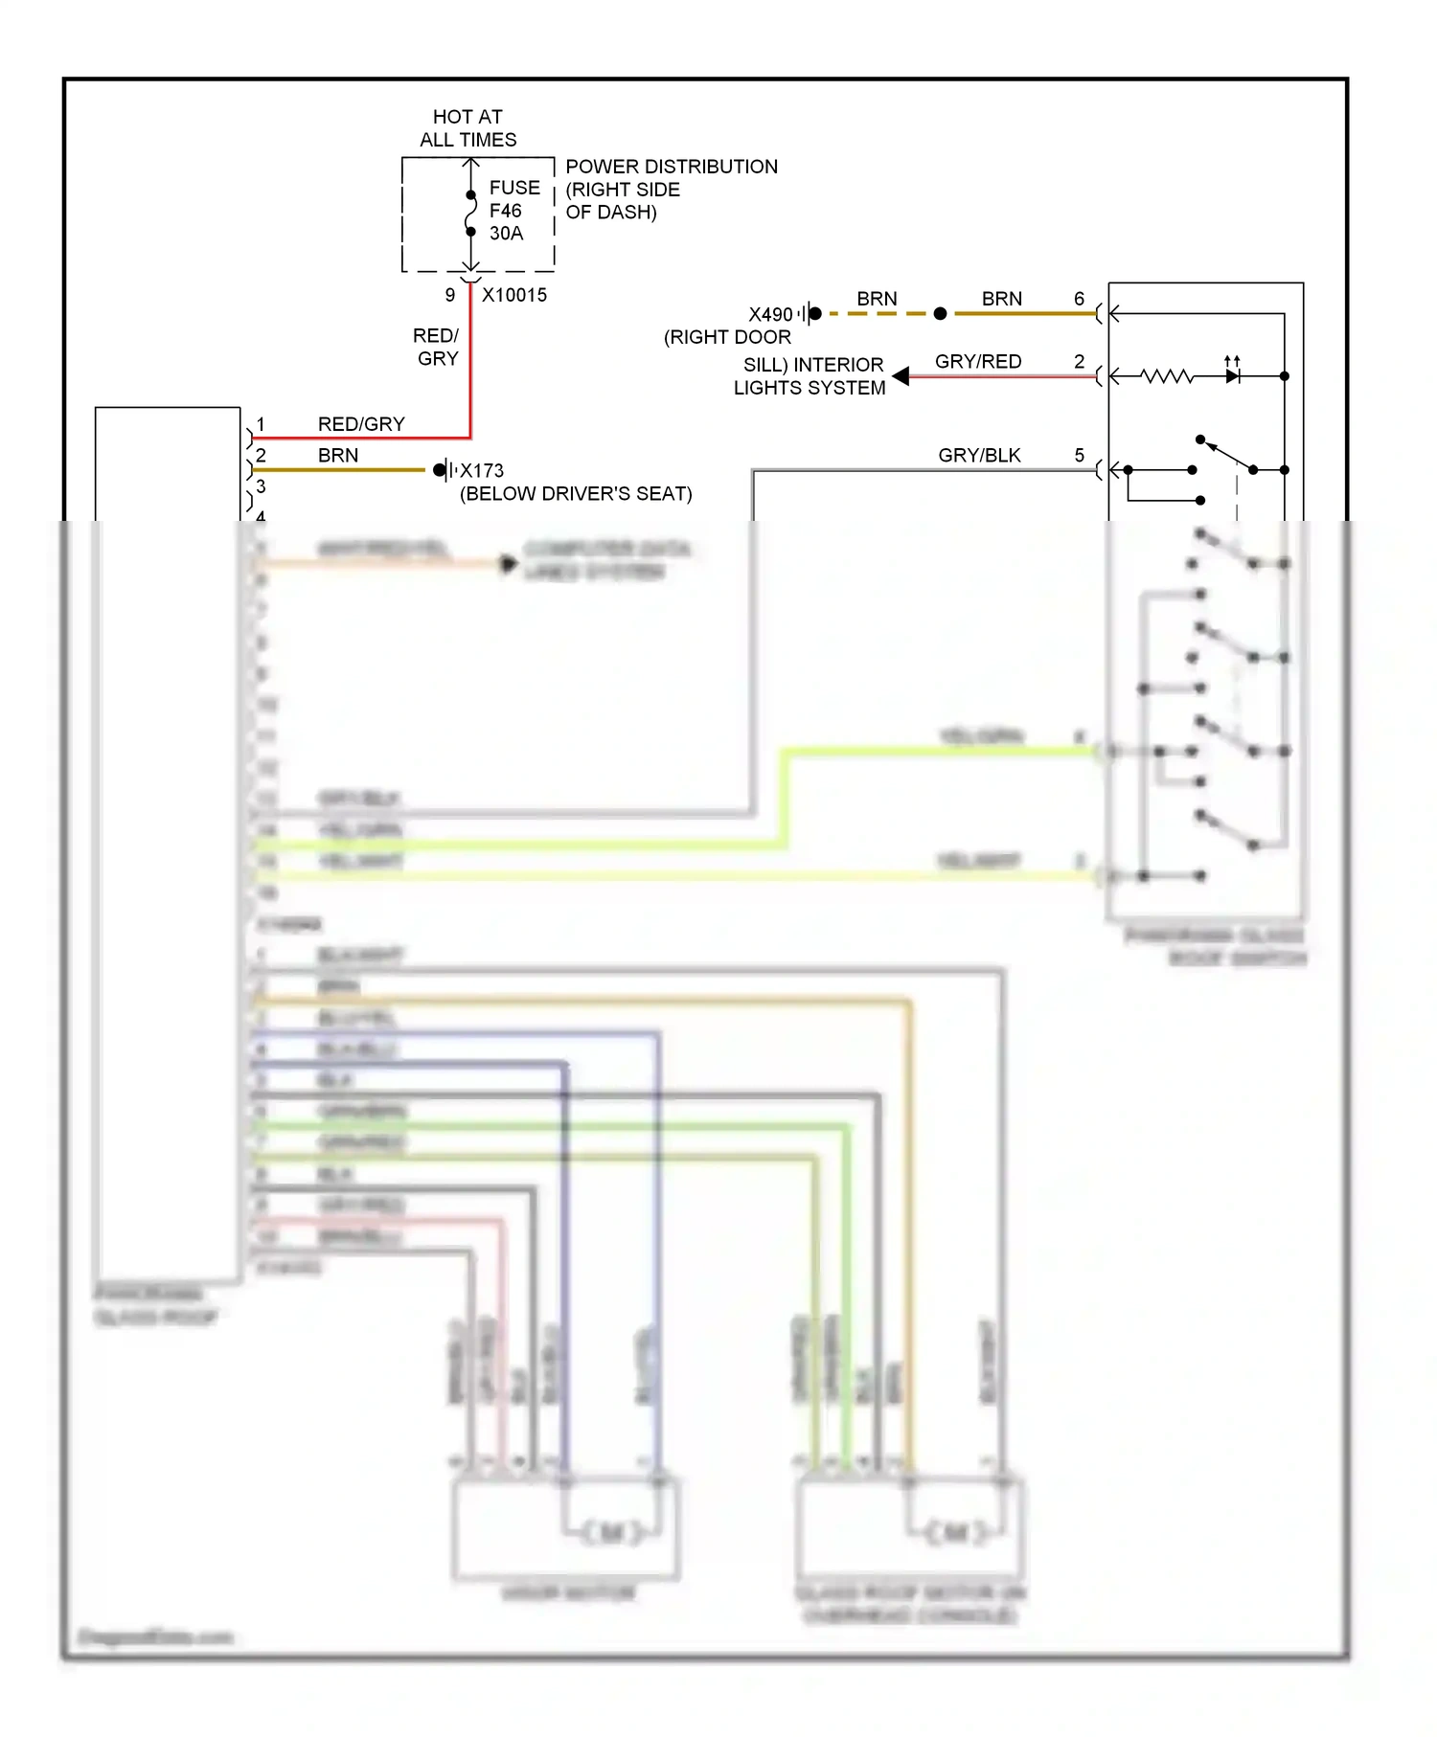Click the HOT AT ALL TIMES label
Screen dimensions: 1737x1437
(x=468, y=128)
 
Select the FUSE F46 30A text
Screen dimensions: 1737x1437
(x=513, y=211)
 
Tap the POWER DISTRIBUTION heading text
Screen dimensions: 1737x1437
(x=671, y=167)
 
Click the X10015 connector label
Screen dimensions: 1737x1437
(x=514, y=295)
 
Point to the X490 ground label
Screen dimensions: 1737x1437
(x=770, y=314)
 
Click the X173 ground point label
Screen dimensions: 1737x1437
(x=482, y=470)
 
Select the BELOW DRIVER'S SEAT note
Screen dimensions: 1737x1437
(x=576, y=494)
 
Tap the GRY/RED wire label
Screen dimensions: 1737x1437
(x=978, y=361)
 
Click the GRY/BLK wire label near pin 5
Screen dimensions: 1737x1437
(x=979, y=455)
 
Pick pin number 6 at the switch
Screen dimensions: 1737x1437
(x=1079, y=299)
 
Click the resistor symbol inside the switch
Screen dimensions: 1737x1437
(x=1168, y=376)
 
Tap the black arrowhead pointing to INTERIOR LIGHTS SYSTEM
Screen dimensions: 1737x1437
(x=901, y=376)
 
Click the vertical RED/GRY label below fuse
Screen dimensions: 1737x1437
(x=437, y=347)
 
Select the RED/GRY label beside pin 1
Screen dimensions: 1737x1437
(x=361, y=423)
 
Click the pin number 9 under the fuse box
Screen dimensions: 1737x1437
(x=449, y=295)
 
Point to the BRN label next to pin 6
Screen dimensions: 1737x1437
(x=1001, y=299)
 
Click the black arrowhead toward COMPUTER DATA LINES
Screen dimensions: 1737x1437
(x=508, y=564)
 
